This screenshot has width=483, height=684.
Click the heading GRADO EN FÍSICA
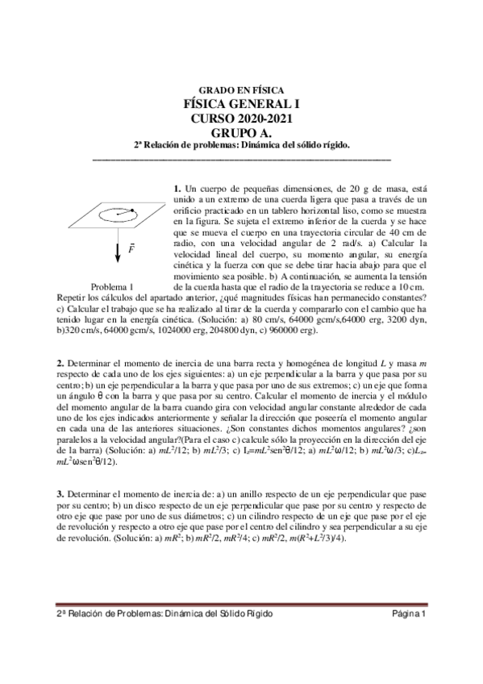(x=241, y=90)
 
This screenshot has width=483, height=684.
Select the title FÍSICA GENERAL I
(x=241, y=104)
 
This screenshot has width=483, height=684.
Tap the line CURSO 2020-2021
(x=241, y=119)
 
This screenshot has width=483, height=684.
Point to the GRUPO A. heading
(x=241, y=133)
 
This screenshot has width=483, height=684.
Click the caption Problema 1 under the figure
(x=112, y=286)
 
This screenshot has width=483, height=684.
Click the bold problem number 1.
(x=177, y=189)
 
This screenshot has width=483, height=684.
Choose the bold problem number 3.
(x=37, y=493)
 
